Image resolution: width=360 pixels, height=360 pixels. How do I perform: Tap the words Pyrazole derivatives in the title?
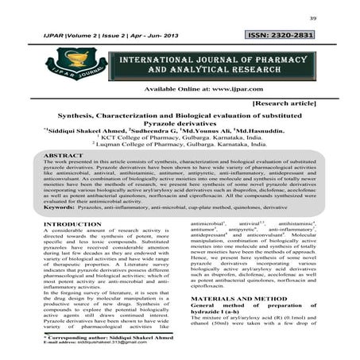pos(179,124)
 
